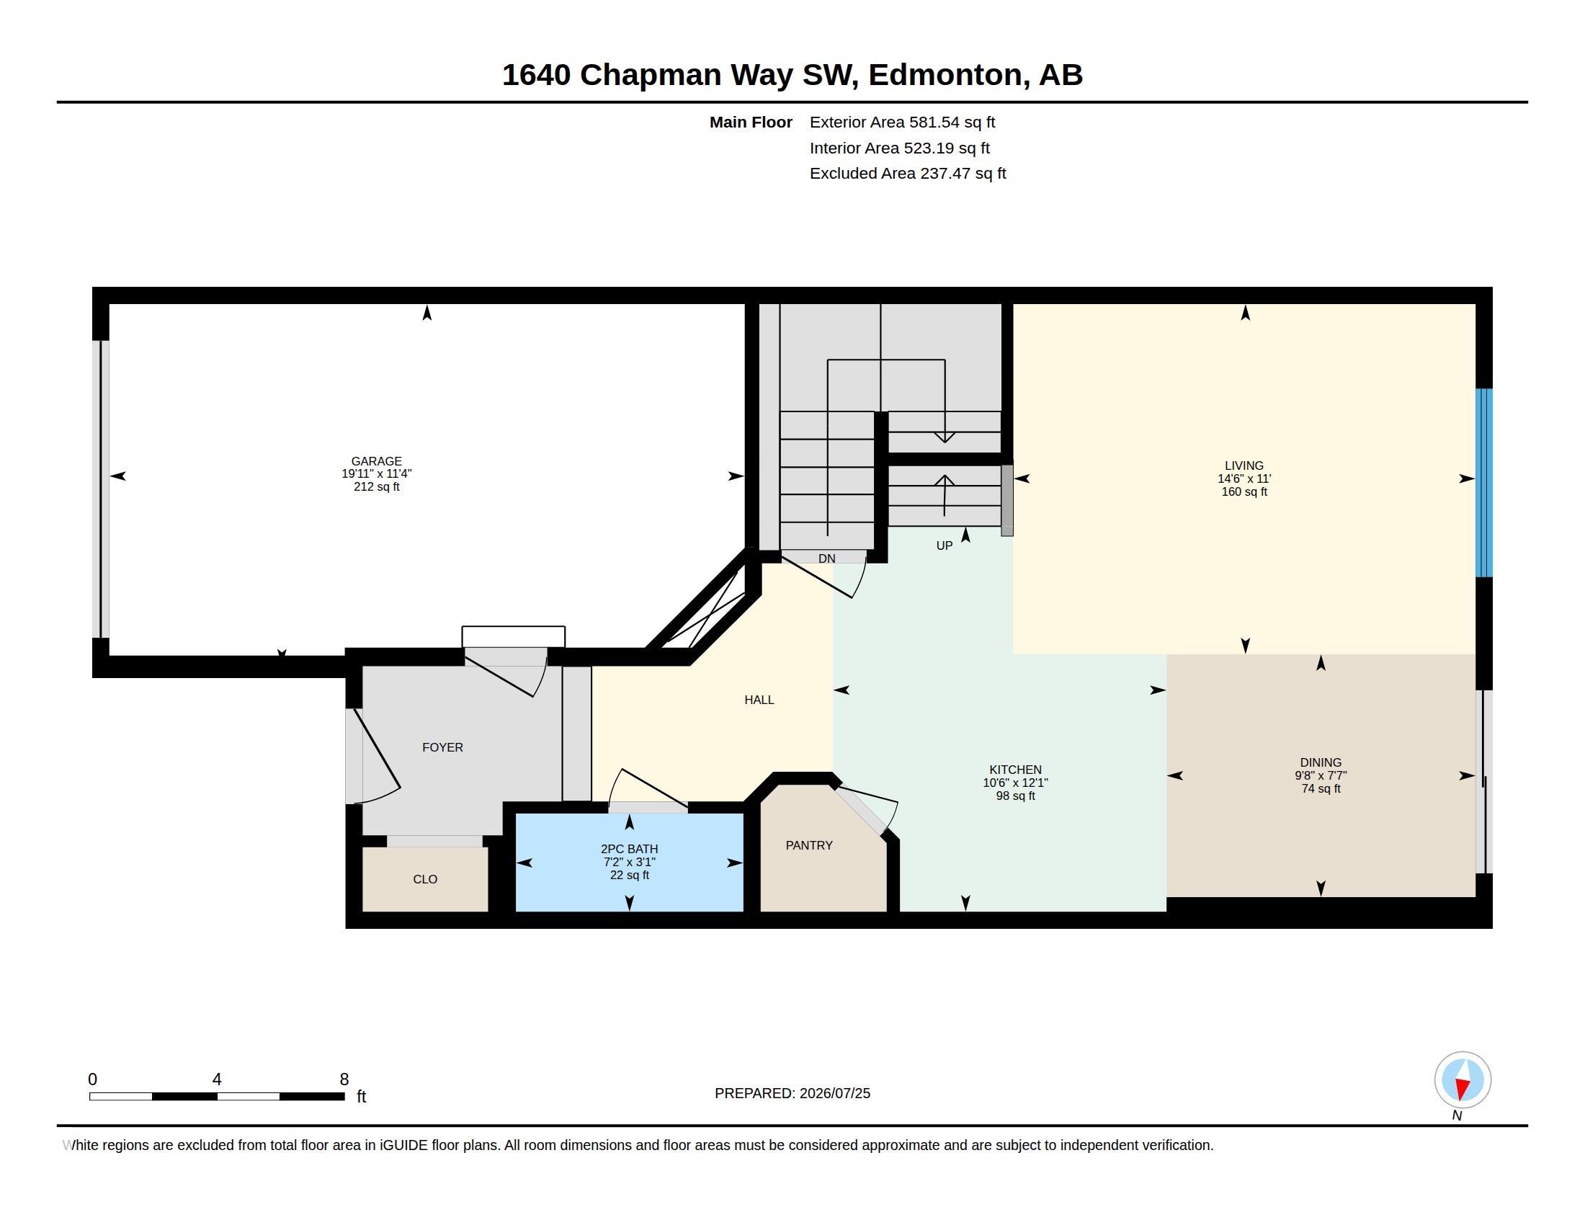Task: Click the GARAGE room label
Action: (x=376, y=461)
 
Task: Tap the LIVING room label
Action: (x=1244, y=466)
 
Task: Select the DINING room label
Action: (x=1320, y=762)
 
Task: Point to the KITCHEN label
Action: (x=1014, y=770)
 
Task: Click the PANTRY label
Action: (x=808, y=845)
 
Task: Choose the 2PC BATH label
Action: (x=629, y=849)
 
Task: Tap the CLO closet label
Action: (x=424, y=880)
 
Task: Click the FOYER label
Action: (x=442, y=747)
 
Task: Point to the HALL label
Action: (x=759, y=700)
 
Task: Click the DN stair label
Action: (x=826, y=558)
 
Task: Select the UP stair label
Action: (x=944, y=545)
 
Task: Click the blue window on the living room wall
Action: (x=1484, y=483)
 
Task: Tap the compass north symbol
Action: (x=1463, y=1080)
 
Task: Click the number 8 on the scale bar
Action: (x=344, y=1079)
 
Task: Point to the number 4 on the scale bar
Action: (x=216, y=1079)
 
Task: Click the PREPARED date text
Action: (x=792, y=1094)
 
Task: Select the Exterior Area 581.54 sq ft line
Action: (x=902, y=122)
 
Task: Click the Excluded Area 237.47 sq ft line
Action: (x=907, y=174)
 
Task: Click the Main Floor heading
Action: (x=751, y=122)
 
